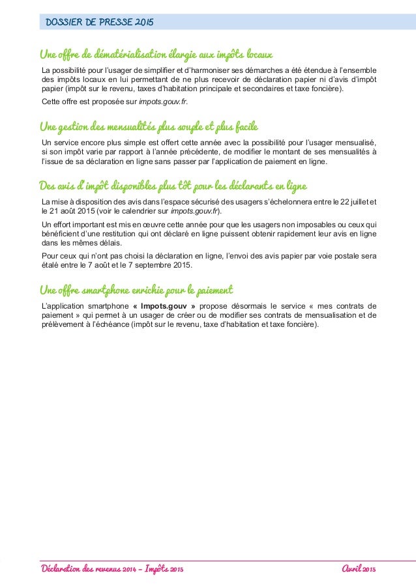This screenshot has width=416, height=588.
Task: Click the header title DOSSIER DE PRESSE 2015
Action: click(x=99, y=23)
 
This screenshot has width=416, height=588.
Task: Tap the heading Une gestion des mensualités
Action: click(x=144, y=124)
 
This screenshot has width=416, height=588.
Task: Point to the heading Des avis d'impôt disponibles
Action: click(x=173, y=187)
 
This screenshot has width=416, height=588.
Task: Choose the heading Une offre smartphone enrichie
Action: click(x=136, y=288)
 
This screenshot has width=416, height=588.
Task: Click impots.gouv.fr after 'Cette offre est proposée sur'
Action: click(x=160, y=102)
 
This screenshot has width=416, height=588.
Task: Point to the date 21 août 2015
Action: click(x=68, y=212)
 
